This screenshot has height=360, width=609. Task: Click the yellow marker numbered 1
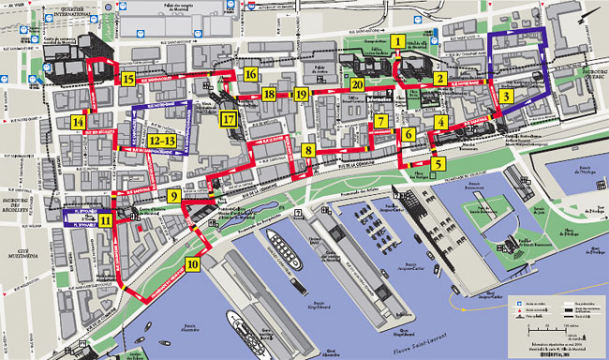click(x=399, y=41)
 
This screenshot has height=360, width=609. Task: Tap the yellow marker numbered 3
click(x=506, y=96)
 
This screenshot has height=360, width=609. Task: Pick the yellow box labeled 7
click(x=380, y=121)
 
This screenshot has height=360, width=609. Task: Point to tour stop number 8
click(x=308, y=149)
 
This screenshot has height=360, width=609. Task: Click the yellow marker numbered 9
click(x=174, y=196)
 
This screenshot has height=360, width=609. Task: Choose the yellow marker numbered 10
click(x=192, y=263)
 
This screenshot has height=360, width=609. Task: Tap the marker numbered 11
click(x=105, y=221)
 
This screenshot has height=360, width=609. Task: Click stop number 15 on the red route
click(x=127, y=79)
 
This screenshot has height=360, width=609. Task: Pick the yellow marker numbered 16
click(x=250, y=74)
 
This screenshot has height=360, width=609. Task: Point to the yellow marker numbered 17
click(x=228, y=119)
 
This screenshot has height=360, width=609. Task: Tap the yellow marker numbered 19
click(x=300, y=94)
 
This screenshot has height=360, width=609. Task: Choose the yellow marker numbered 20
click(x=356, y=84)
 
